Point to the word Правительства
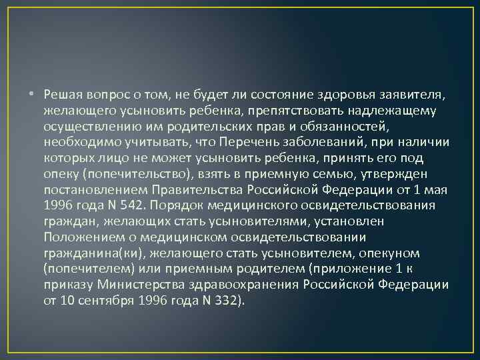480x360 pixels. coord(197,189)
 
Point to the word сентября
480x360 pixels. coord(107,301)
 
